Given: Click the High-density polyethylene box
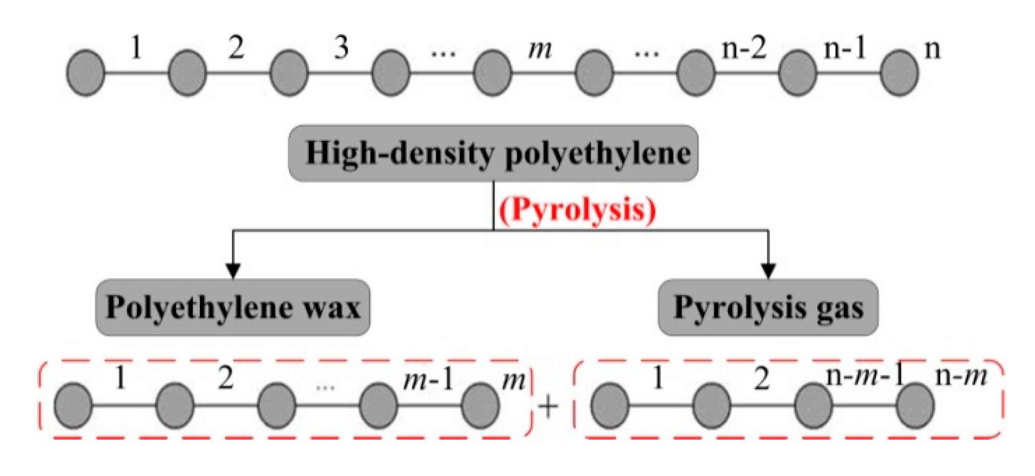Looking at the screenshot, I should click(x=493, y=153).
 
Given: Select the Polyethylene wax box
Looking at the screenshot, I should click(x=233, y=307).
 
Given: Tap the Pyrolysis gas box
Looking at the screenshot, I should click(x=768, y=307).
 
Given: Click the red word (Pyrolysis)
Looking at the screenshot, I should click(x=577, y=210).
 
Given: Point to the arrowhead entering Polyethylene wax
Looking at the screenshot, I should click(x=233, y=271).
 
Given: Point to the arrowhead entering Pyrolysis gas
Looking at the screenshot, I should click(x=768, y=271).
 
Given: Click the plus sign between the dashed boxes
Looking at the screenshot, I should click(x=548, y=407).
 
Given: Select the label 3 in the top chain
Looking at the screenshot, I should click(x=341, y=48).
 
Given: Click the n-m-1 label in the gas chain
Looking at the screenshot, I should click(x=865, y=377).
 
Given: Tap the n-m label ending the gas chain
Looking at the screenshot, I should click(x=961, y=377).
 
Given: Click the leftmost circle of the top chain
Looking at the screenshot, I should click(x=86, y=73).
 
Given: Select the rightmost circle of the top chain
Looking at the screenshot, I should click(x=899, y=73).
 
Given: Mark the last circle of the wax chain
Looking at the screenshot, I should click(x=480, y=405).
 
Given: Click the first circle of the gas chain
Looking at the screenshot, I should click(x=610, y=405).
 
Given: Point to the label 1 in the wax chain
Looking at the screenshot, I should click(x=120, y=379).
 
